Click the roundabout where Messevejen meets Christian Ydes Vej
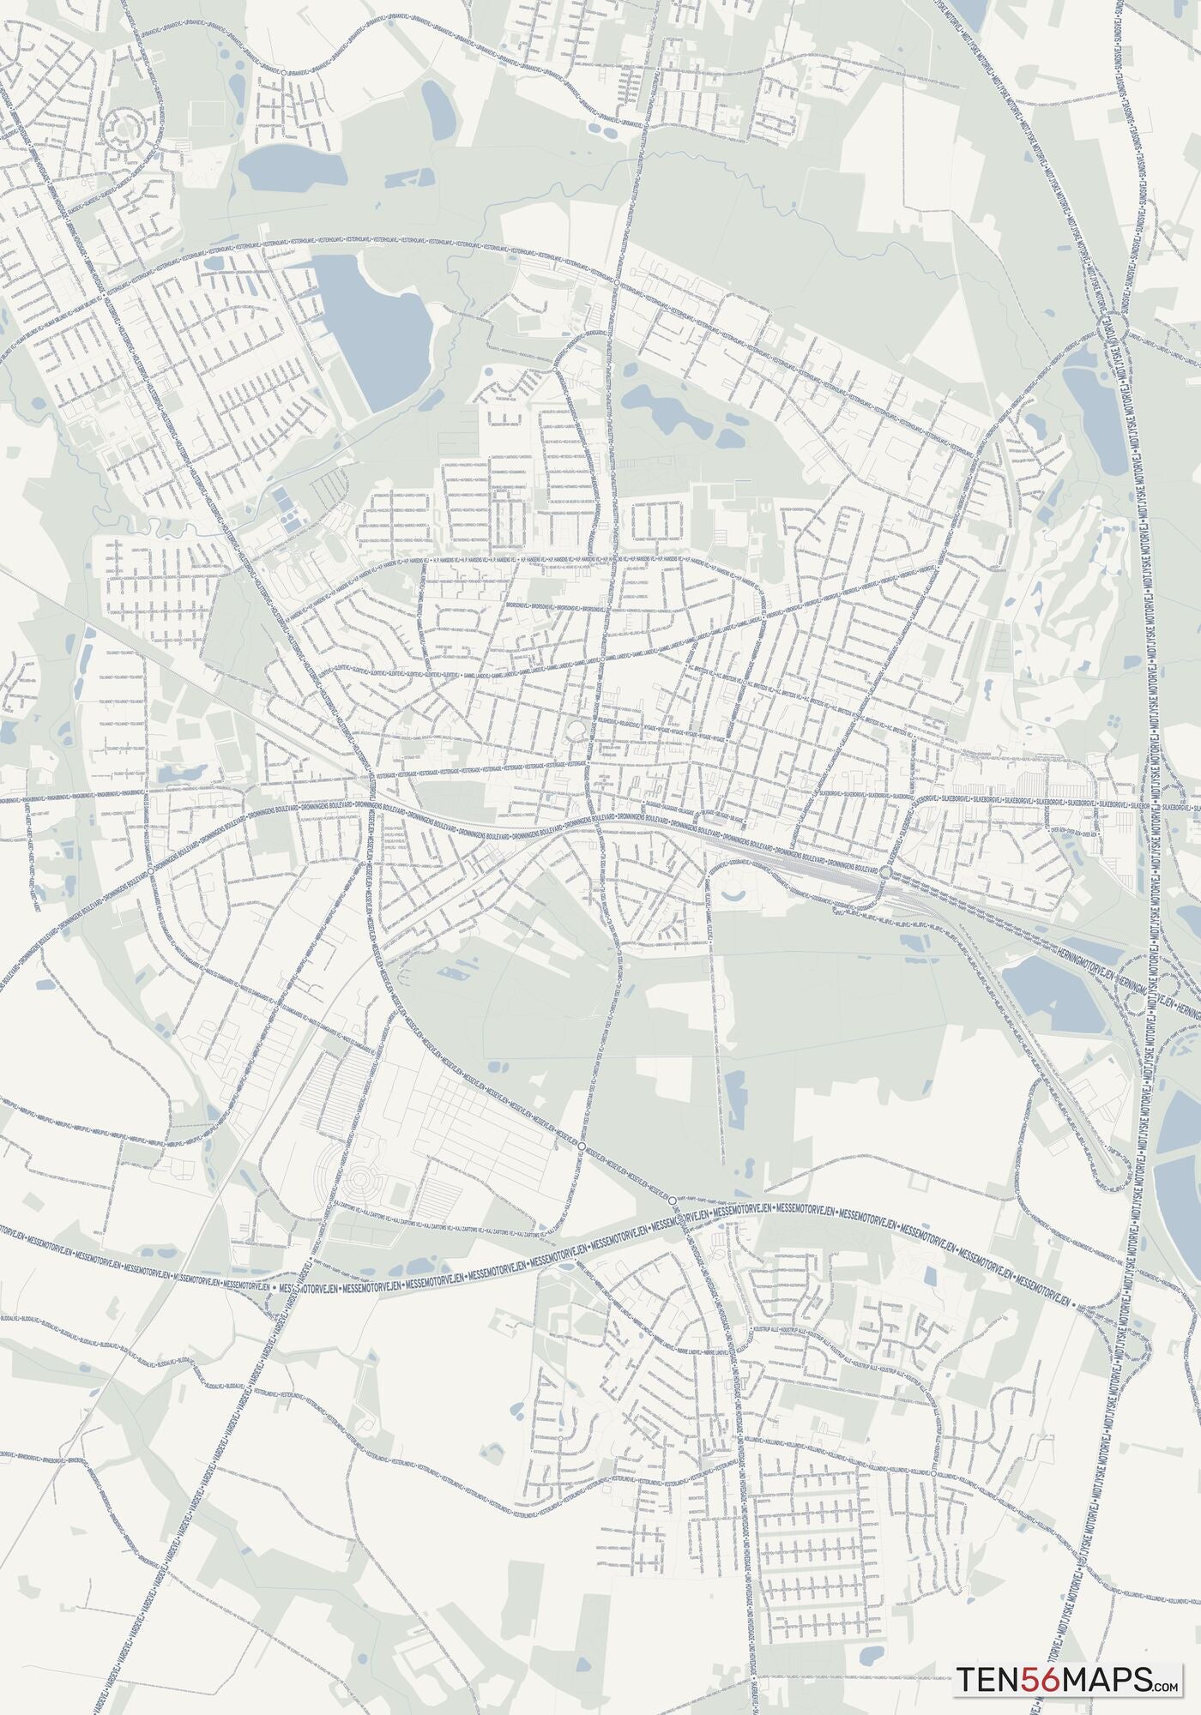(x=582, y=1146)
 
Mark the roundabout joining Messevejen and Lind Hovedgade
(x=673, y=1201)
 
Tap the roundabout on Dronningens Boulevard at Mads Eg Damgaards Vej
(x=151, y=870)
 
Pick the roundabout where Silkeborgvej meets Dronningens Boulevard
(x=885, y=872)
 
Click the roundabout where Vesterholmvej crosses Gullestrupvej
(x=617, y=281)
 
